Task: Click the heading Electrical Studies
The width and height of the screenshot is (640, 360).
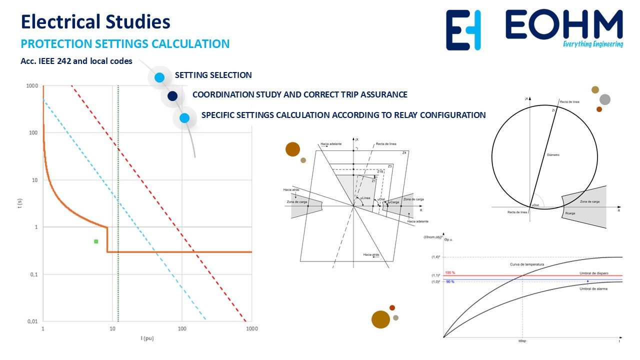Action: tap(95, 22)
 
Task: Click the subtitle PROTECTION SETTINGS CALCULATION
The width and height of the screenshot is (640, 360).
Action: tap(125, 44)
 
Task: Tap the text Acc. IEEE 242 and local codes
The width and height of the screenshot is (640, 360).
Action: tap(76, 61)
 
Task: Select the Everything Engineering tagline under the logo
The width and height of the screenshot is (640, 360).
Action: tap(592, 44)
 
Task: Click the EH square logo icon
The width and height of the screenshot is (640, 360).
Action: tap(463, 30)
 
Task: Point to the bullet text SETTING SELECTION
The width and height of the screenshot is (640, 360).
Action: tap(213, 75)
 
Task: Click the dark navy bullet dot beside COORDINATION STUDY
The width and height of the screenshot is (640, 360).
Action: tap(172, 95)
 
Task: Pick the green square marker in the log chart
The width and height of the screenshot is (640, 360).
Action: tap(96, 241)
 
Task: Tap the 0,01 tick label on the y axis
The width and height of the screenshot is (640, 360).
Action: tap(32, 321)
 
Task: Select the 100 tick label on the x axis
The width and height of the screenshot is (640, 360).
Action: tap(182, 329)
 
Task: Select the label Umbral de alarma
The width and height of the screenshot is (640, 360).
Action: tap(593, 289)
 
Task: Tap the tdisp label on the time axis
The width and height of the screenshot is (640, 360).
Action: tap(523, 341)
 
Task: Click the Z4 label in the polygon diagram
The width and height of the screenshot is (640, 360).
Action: tap(404, 152)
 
